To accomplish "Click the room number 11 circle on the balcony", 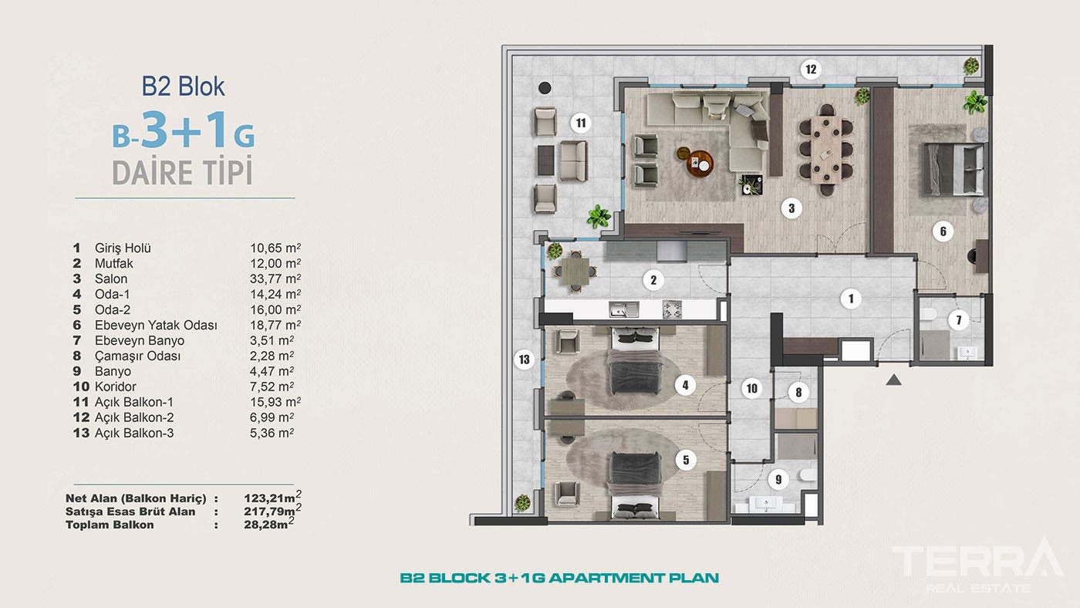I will point(581,122).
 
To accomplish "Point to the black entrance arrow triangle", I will point(893,380).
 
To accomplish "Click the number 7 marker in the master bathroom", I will point(958,320).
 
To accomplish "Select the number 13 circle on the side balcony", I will point(525,359).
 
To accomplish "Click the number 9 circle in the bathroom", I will point(778,480).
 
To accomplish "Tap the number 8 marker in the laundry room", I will point(798,393).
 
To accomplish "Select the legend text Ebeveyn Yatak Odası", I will point(156,325).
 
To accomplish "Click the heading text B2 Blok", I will point(184,86).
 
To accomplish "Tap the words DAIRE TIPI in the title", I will point(183,173).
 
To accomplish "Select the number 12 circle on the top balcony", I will point(809,69).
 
